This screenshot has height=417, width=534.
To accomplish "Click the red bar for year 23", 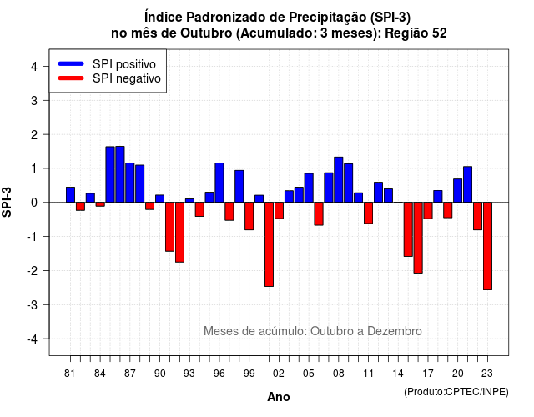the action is (487, 246).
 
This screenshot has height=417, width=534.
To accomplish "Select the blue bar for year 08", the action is (339, 180).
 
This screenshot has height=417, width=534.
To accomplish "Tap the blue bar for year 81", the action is (70, 194).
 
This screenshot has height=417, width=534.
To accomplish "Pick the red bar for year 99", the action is (249, 216).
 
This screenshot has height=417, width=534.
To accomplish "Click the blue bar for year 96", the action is (219, 183).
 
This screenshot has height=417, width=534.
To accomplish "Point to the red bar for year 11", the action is (368, 213).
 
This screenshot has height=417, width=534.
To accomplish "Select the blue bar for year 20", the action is (458, 191).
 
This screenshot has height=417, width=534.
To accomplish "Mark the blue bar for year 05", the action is (309, 188).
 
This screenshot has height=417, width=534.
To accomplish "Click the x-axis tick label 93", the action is (189, 374).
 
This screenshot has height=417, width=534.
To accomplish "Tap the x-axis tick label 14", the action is (398, 374).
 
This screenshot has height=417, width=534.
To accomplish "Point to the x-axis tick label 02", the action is (279, 374).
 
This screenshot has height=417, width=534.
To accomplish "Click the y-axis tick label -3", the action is (33, 304).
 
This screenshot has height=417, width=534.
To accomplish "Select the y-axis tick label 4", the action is (34, 67).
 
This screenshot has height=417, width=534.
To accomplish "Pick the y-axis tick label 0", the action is (34, 203).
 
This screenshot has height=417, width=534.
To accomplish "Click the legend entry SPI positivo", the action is (124, 64).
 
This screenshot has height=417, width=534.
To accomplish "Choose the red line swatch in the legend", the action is (71, 78).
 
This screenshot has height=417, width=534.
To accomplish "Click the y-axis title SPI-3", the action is (7, 202).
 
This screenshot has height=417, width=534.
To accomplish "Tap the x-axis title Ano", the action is (279, 397).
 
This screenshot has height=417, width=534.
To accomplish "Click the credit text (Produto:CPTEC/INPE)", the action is (456, 392).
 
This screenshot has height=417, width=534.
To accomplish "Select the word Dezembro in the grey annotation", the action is (395, 331).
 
